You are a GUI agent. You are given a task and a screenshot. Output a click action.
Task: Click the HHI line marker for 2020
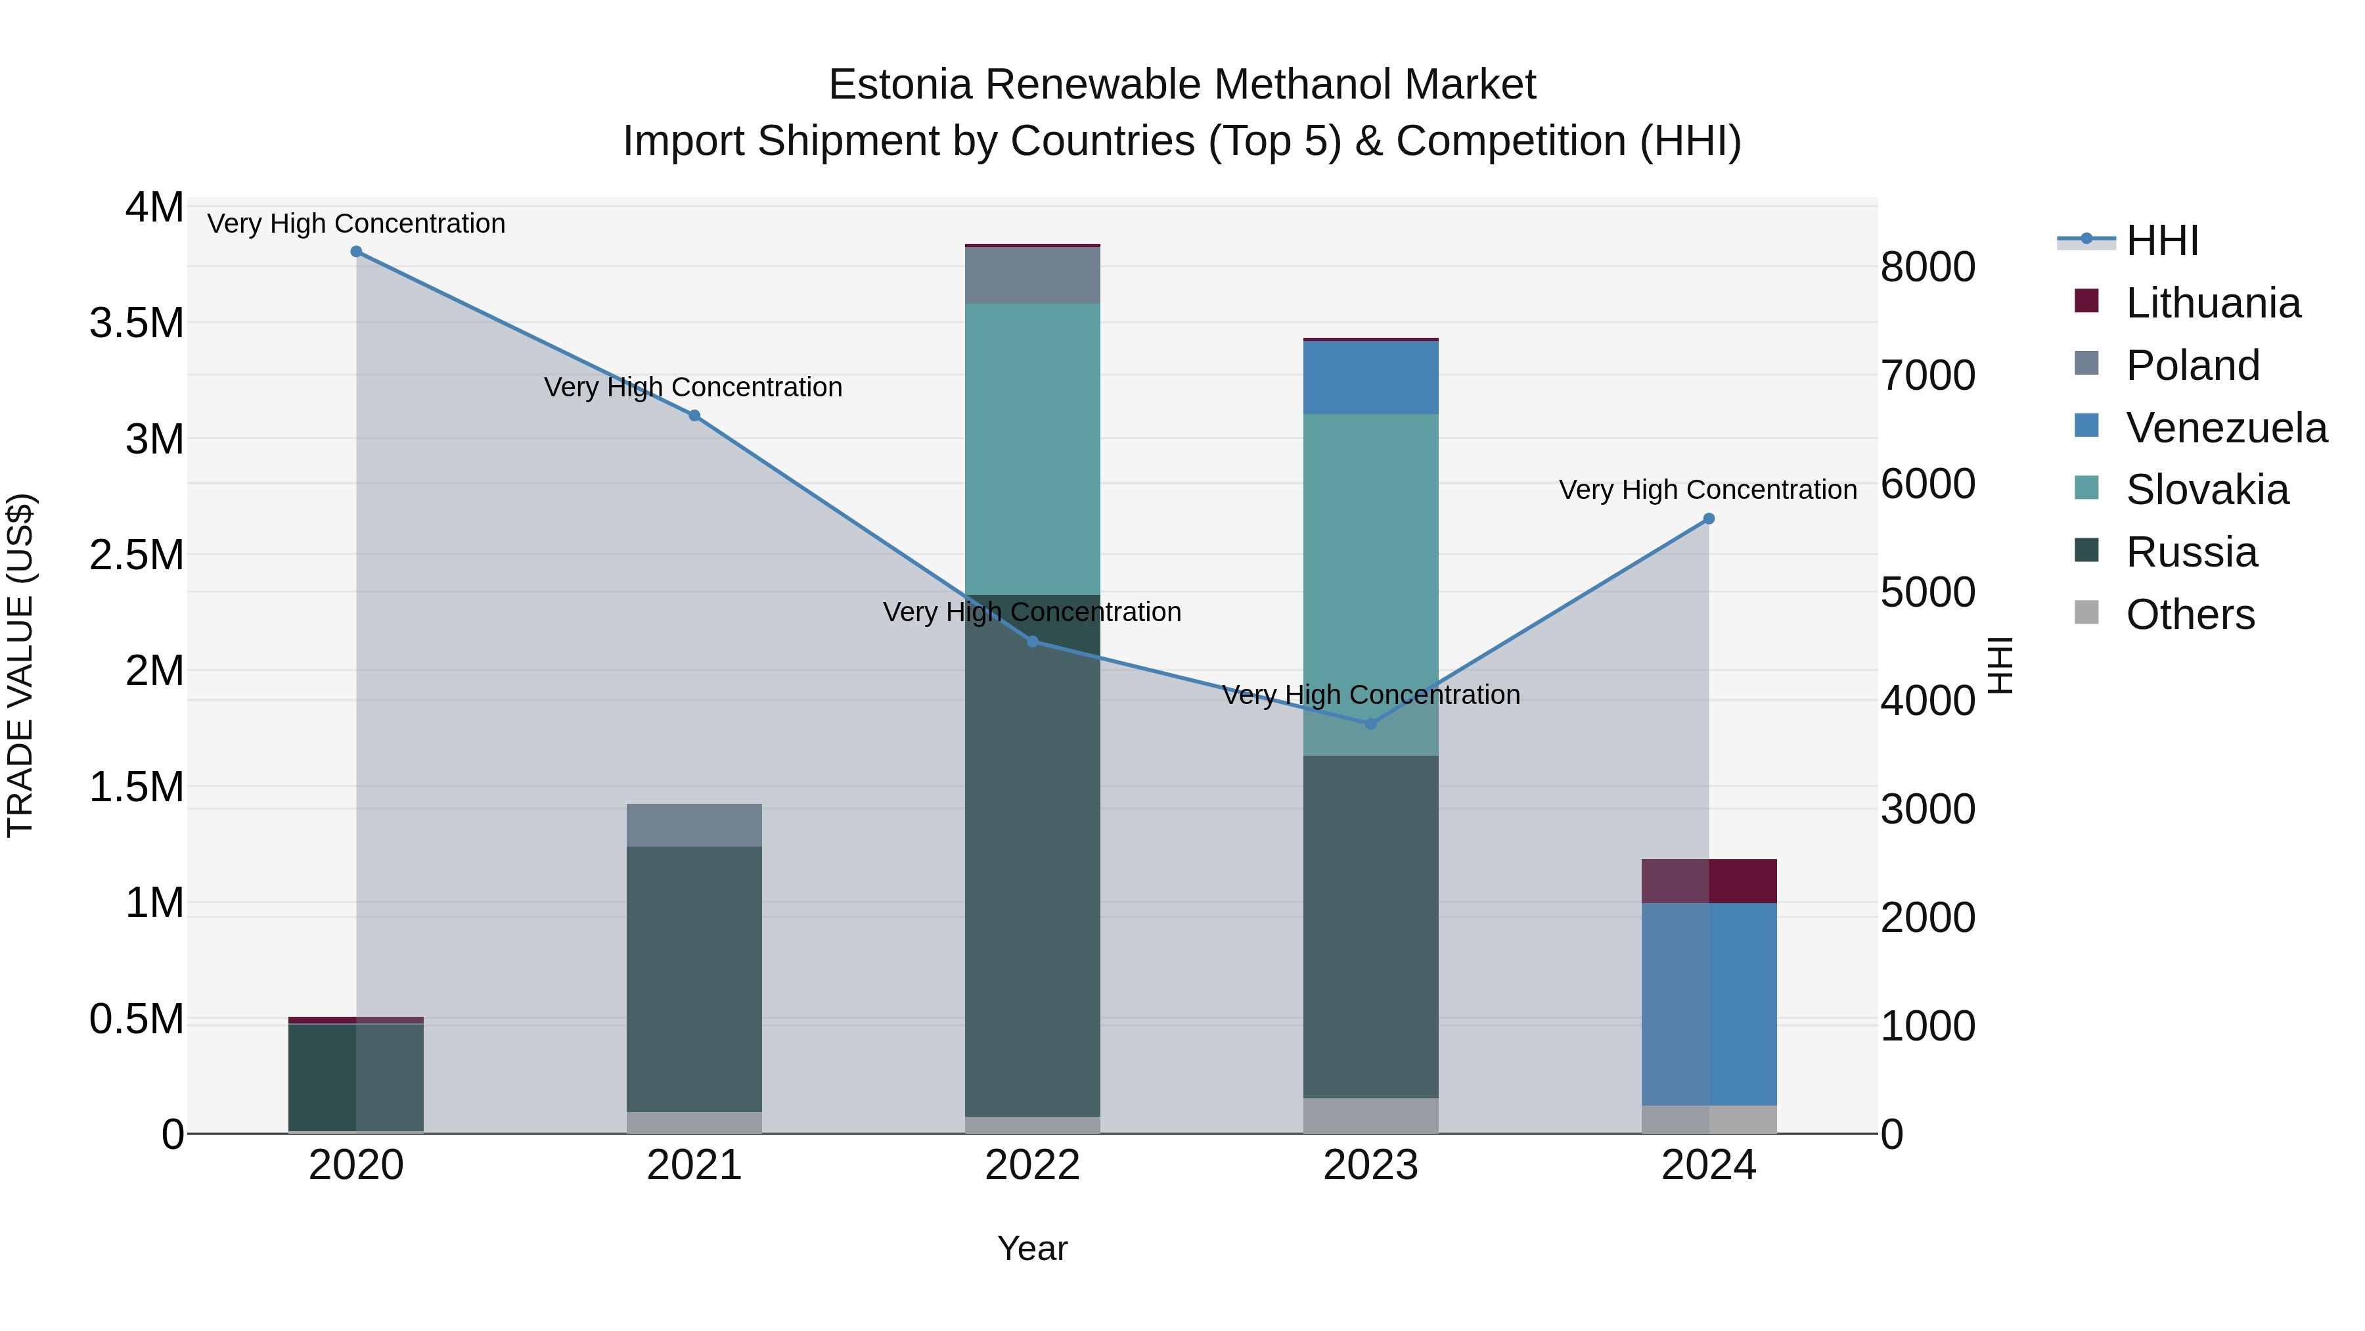[356, 252]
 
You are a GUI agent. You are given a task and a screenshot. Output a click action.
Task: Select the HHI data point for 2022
[1032, 641]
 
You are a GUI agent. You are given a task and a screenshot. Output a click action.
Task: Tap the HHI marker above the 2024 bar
[1709, 519]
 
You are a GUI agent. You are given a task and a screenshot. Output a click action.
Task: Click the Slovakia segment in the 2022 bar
[1032, 450]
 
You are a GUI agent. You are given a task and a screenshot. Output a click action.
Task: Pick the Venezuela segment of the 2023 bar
[1370, 377]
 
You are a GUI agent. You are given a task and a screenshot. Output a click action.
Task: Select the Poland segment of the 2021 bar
[694, 825]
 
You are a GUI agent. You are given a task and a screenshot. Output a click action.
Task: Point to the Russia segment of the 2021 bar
[694, 978]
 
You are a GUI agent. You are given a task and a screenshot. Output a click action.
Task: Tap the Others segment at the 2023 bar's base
[1370, 1115]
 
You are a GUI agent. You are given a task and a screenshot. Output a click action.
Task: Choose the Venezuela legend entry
[2226, 428]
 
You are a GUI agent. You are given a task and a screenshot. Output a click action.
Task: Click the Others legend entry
[2190, 615]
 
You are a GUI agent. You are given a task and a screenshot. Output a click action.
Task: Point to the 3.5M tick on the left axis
[136, 323]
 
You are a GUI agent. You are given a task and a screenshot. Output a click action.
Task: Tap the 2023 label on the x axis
[1370, 1165]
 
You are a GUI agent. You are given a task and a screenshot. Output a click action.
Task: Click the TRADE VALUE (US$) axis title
[20, 665]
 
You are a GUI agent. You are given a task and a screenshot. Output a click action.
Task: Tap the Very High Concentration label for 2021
[693, 388]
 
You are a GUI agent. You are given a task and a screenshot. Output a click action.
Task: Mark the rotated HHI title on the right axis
[2000, 665]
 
